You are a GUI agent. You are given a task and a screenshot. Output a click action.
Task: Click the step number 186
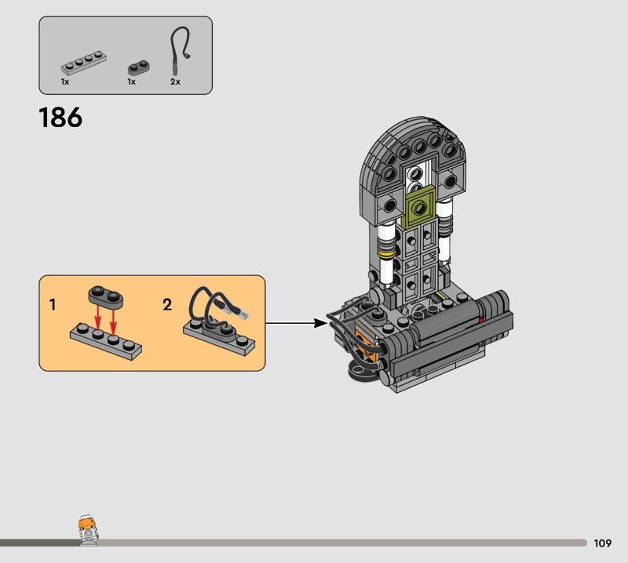pos(60,118)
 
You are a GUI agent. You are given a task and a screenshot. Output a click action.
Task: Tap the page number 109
pos(602,543)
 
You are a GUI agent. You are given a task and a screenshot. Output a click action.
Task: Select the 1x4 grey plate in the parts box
pos(84,63)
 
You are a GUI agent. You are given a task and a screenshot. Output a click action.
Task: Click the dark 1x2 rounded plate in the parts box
pos(139,67)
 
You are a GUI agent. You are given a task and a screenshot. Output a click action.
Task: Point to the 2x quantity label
pos(175,82)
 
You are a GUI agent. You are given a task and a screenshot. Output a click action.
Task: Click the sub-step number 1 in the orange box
pos(53,304)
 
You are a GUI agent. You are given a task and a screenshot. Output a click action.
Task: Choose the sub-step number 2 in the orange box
pos(167,304)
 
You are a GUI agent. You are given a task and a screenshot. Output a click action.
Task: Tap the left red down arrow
pos(97,316)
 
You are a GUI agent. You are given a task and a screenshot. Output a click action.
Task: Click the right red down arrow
pos(113,320)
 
